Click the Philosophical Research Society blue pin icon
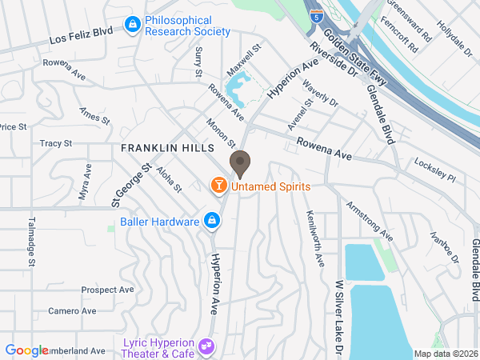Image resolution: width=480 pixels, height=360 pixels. (130, 26)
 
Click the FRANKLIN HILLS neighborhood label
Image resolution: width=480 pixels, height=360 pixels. (167, 149)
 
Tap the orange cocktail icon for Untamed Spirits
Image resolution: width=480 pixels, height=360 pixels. (217, 186)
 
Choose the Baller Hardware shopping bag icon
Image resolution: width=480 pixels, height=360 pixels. (211, 219)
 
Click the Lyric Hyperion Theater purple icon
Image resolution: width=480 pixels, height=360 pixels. (206, 346)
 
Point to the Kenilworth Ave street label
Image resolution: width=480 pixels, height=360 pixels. (314, 238)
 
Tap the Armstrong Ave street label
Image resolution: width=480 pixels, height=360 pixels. (369, 221)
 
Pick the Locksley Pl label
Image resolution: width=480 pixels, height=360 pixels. (434, 170)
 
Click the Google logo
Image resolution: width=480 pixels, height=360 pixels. (26, 350)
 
